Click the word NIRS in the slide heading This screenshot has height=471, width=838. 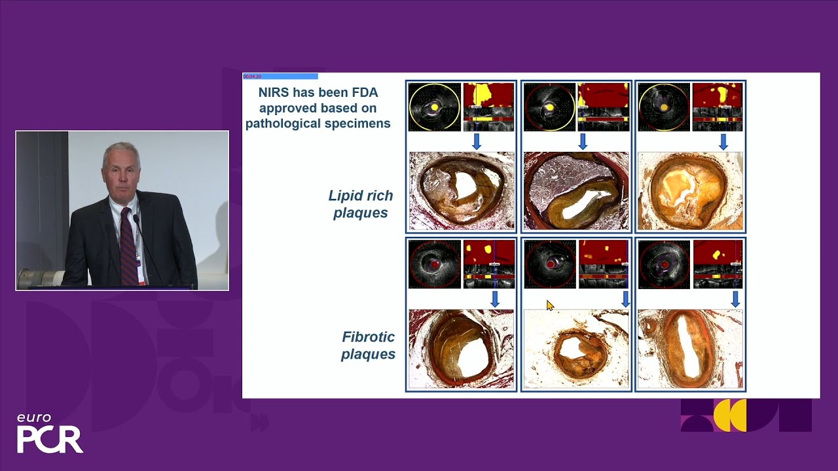273,93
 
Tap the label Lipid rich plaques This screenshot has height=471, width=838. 361,204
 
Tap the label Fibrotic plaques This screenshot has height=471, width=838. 368,345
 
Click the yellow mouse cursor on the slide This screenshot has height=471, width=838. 550,305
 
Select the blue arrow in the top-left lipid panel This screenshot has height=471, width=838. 477,141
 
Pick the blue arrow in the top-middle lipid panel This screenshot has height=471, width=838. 583,141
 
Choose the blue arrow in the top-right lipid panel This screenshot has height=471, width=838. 723,141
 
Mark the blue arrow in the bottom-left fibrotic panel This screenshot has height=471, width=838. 495,299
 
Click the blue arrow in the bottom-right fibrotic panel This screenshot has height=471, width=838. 735,299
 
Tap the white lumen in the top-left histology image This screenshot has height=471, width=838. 465,186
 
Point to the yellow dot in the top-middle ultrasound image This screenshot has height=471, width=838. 550,107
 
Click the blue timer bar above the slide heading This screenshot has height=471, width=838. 280,77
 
